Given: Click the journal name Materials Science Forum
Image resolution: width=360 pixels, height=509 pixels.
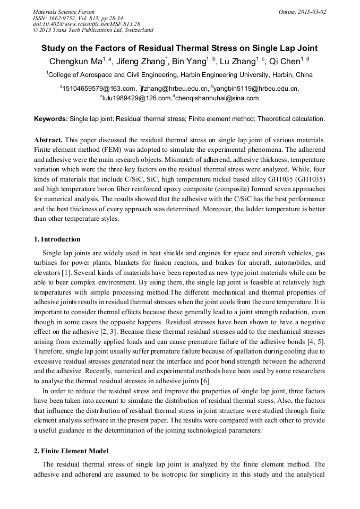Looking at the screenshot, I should click(64, 12).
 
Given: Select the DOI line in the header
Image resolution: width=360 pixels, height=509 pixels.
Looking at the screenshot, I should click(87, 24).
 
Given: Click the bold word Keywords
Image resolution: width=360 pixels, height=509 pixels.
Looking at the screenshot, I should click(51, 119).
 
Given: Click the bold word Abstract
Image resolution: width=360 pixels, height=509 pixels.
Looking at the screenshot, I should click(48, 140).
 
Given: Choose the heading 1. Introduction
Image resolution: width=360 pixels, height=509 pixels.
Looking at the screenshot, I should click(57, 239).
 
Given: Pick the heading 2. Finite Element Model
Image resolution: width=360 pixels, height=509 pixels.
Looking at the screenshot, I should click(71, 451).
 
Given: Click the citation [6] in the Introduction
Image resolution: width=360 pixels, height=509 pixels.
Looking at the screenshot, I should click(204, 381).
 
